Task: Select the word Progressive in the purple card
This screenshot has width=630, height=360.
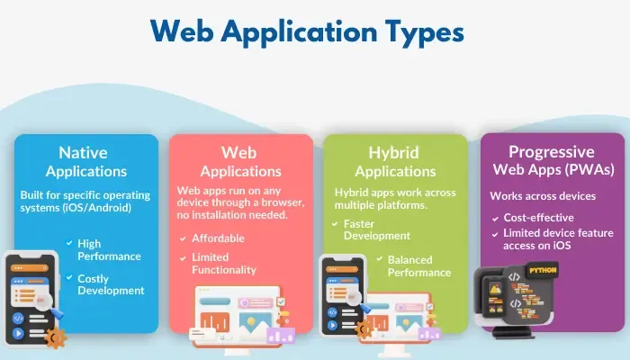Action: coord(552,151)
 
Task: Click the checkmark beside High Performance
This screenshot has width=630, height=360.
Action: coord(69,243)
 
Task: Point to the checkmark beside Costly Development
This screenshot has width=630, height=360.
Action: coord(69,279)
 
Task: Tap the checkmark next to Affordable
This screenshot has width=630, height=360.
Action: coord(184,239)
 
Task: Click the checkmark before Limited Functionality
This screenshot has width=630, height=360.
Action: coord(184,257)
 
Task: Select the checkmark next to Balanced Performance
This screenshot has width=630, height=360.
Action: coord(378,260)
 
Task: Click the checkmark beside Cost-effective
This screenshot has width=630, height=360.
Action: coord(495,218)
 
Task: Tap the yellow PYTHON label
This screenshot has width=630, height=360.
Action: coord(543,269)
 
